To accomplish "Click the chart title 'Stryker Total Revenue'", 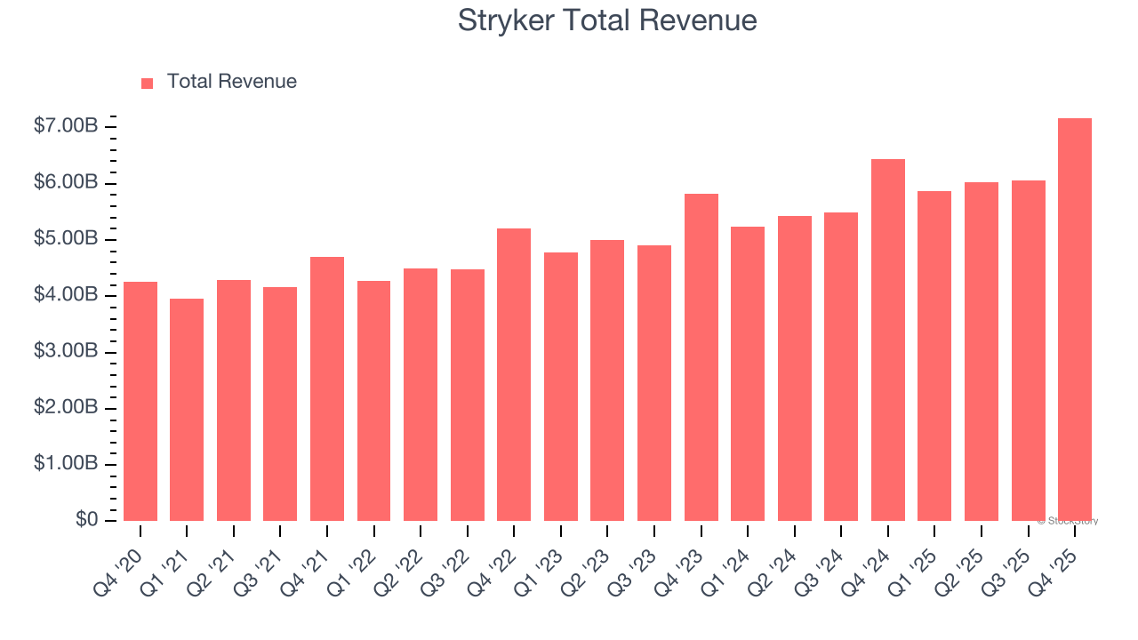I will click(x=607, y=20).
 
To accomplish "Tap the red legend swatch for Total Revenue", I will click(x=148, y=83).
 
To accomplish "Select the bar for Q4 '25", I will click(x=1074, y=319).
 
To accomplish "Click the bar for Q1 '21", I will click(x=187, y=410).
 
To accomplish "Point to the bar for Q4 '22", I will click(x=514, y=374).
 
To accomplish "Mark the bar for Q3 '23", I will click(x=653, y=383).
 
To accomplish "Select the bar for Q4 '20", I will click(x=140, y=401).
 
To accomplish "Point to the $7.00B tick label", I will click(x=65, y=126).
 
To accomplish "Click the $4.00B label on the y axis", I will click(x=65, y=295).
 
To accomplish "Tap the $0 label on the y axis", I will click(x=86, y=520).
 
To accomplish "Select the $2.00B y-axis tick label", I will click(x=65, y=407).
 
